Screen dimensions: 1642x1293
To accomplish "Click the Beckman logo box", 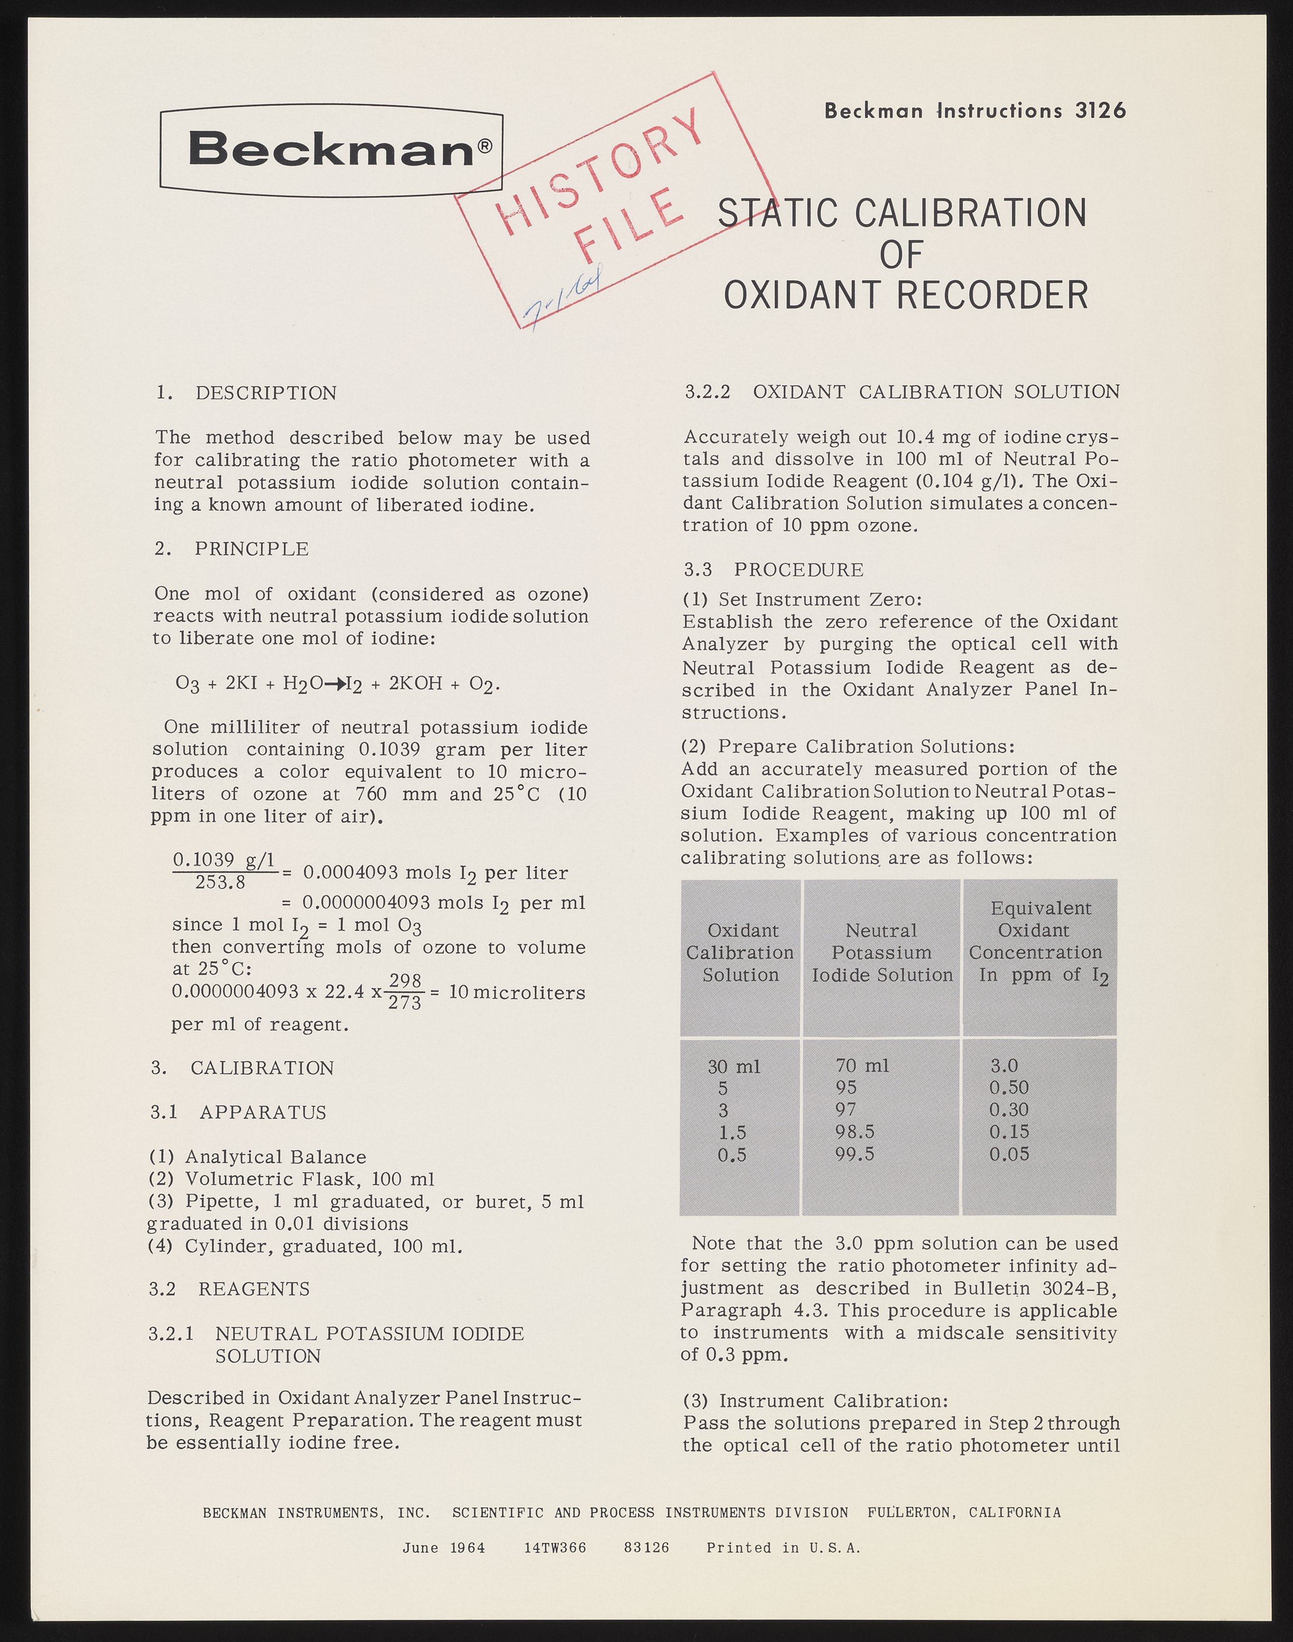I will (x=331, y=150).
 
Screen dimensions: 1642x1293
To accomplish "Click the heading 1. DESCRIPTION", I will (x=246, y=393).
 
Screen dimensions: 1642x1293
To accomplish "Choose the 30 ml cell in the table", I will (x=734, y=1066).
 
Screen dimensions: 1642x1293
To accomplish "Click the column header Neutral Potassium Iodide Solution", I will (x=882, y=953).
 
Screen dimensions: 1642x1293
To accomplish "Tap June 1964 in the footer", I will (x=443, y=1548).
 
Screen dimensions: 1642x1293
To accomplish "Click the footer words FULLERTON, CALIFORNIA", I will (x=964, y=1513).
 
